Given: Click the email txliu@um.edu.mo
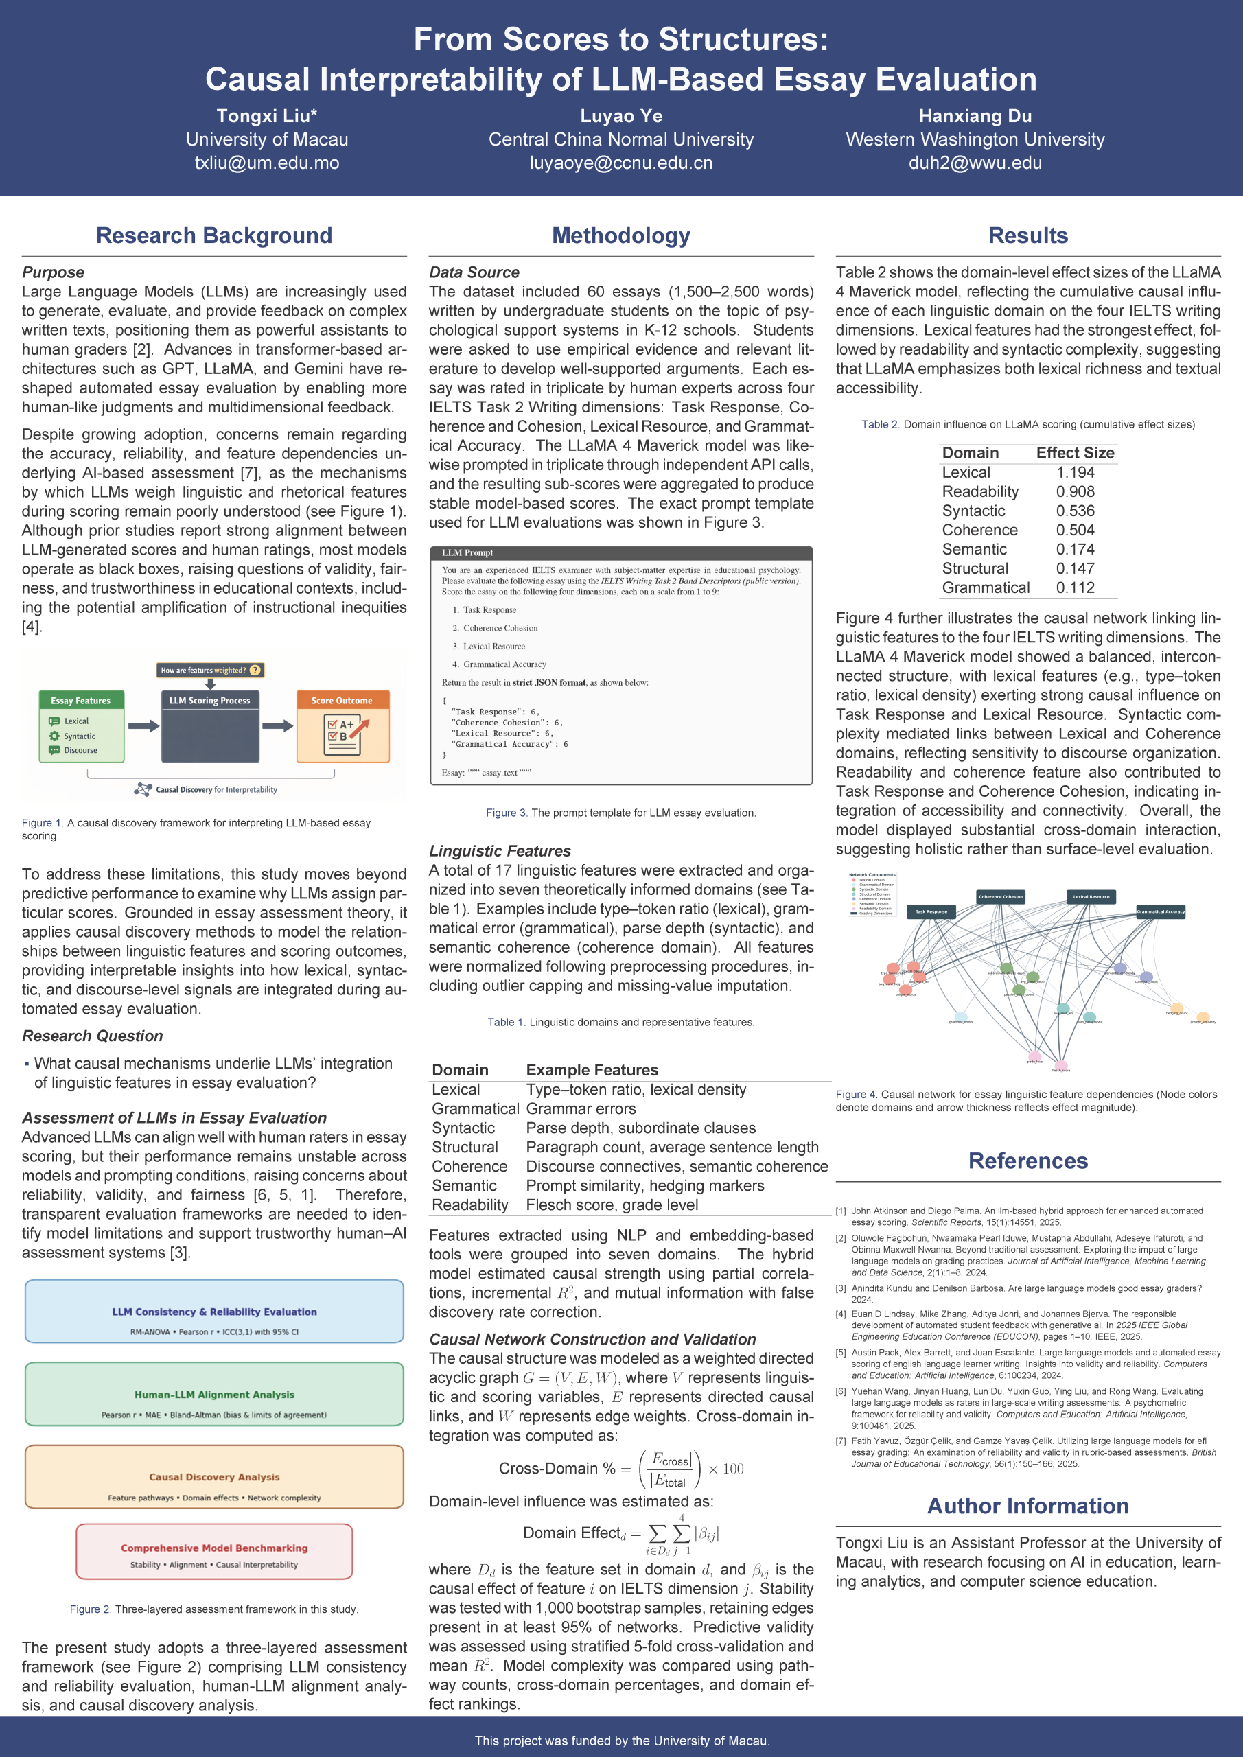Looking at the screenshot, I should tap(266, 163).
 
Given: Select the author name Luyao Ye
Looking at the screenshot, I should tap(620, 116).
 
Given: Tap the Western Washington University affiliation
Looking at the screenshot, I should tap(975, 139).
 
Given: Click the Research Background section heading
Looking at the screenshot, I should tap(213, 235).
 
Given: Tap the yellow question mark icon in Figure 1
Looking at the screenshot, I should tap(255, 671).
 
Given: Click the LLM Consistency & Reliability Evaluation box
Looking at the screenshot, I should tap(214, 1311).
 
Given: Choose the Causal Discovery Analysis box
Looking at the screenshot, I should tap(214, 1477).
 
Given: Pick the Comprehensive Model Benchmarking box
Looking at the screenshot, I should tap(214, 1551).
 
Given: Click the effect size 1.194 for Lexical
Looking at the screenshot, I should tap(1075, 473).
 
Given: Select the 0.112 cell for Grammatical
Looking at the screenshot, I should tap(1075, 587).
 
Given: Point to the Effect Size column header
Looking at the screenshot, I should tap(1075, 453).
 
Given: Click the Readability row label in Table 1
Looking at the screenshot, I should tap(469, 1205).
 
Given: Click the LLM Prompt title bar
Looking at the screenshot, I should tap(620, 552).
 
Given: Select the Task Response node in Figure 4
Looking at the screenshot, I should tap(931, 911).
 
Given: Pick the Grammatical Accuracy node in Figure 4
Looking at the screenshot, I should tap(1161, 911).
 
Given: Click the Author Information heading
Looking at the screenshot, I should tap(1027, 1506).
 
